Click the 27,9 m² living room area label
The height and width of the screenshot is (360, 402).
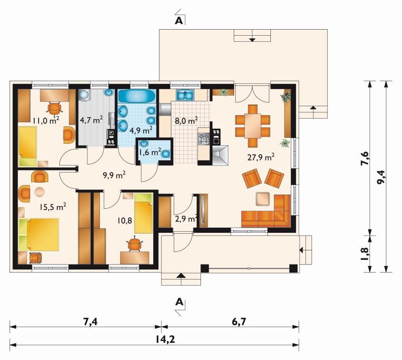261,157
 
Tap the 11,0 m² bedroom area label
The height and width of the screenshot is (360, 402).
46,120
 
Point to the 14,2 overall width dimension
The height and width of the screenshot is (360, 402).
165,339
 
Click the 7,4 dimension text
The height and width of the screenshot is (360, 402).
90,321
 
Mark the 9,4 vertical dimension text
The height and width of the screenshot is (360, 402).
381,177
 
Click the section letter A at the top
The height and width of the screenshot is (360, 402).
179,21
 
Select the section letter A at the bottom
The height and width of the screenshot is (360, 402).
179,302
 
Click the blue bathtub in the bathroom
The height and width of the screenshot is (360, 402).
137,96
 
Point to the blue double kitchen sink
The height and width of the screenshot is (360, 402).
185,95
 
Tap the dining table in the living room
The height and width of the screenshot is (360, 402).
253,126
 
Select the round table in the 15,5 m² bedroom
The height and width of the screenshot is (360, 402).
40,192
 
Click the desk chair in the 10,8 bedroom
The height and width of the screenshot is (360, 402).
135,245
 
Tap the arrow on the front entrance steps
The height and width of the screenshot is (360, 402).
181,276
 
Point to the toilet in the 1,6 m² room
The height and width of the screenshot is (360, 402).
166,153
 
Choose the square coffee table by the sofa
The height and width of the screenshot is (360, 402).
263,199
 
